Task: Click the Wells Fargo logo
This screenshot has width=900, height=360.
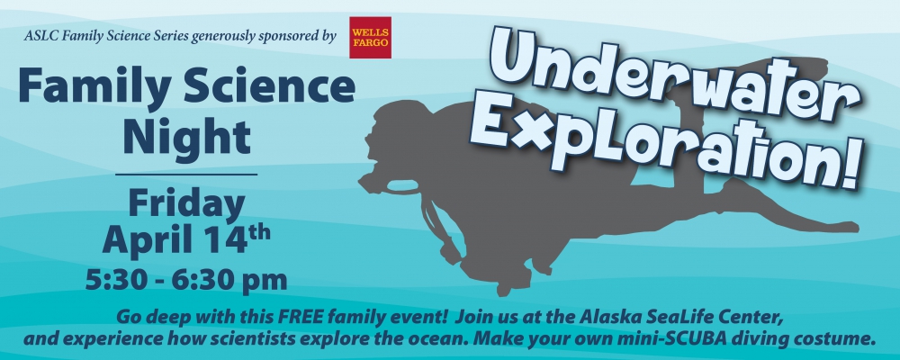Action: click(370, 37)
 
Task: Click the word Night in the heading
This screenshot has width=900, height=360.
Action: click(186, 137)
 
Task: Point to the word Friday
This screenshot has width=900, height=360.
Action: click(186, 203)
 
